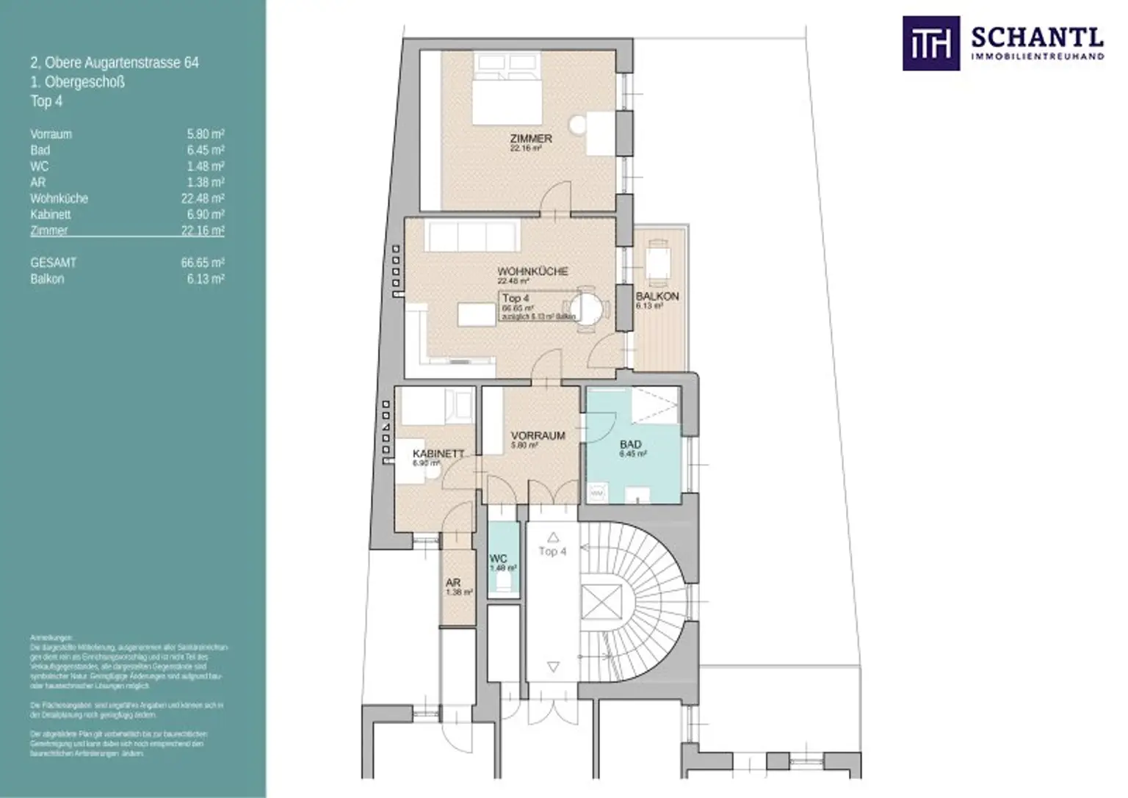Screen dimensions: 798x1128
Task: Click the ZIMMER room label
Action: coord(531,139)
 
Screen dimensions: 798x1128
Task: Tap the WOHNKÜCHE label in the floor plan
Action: coord(532,271)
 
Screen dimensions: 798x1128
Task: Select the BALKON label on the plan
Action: coord(657,296)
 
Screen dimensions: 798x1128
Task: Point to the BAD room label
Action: coord(630,444)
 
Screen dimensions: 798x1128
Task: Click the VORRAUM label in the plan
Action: coord(538,435)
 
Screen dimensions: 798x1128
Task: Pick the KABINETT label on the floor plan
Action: coord(438,454)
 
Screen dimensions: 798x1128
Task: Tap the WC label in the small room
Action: coord(498,559)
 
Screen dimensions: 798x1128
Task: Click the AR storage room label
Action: coord(453,582)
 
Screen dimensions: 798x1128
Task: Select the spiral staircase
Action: coord(646,580)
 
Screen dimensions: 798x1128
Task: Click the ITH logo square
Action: coord(930,43)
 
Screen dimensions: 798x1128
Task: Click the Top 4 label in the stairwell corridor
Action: coord(552,551)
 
